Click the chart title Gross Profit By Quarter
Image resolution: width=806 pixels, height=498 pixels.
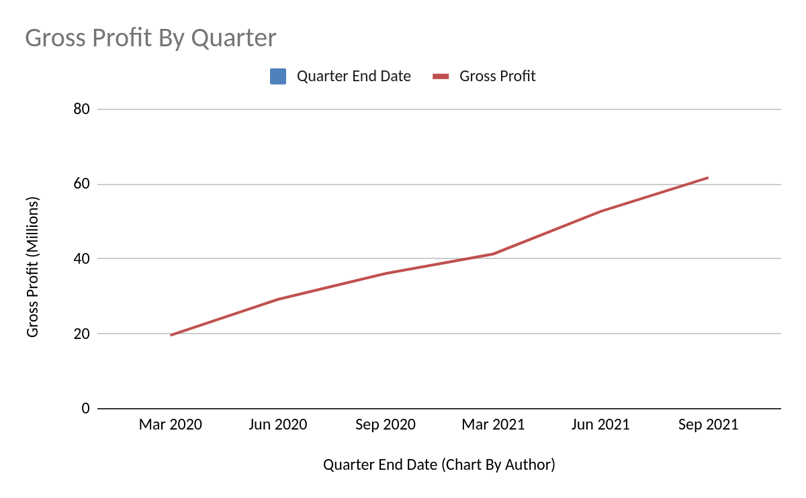[x=150, y=38]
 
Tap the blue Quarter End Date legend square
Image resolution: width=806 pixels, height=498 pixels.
[x=277, y=77]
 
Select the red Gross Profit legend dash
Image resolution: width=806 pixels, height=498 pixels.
[x=440, y=77]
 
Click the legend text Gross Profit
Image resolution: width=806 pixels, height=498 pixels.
[x=497, y=77]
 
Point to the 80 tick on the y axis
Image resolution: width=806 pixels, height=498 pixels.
[x=81, y=109]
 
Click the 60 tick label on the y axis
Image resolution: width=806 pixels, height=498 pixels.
[x=81, y=184]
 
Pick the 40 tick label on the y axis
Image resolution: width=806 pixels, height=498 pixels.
[x=81, y=259]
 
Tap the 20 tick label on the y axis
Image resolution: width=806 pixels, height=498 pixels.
[x=81, y=334]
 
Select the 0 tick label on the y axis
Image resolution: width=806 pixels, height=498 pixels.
[x=85, y=408]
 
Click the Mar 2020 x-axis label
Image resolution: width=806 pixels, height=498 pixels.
[x=171, y=425]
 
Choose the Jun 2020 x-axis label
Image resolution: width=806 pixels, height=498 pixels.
[x=278, y=425]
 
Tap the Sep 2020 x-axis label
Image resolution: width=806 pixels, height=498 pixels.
[x=386, y=425]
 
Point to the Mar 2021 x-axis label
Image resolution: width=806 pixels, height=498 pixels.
[x=493, y=425]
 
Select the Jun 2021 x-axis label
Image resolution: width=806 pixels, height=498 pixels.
[x=600, y=425]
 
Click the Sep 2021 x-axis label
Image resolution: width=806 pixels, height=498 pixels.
[x=708, y=425]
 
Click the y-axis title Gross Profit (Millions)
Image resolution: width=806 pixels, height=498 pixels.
[x=33, y=267]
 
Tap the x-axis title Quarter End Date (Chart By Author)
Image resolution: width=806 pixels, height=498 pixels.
[x=439, y=464]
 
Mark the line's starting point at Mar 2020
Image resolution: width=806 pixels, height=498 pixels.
[x=171, y=335]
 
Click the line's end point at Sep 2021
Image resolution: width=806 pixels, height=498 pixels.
[x=708, y=178]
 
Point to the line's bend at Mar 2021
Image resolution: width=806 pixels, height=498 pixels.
[x=494, y=254]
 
